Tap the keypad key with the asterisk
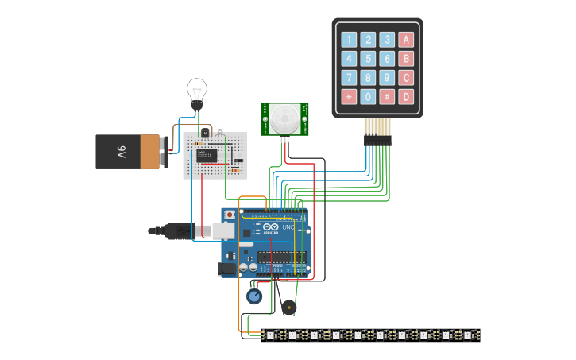pos(349,97)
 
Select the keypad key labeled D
pos(405,97)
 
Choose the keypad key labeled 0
pos(368,97)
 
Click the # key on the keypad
pos(387,97)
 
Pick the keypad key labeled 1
pos(349,40)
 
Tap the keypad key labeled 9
pos(387,78)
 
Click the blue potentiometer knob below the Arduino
pos(254,296)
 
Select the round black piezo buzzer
pos(288,307)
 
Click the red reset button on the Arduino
pos(230,215)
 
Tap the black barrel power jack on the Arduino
pos(228,269)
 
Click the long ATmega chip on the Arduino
pos(280,257)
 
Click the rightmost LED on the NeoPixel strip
pos(469,335)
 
